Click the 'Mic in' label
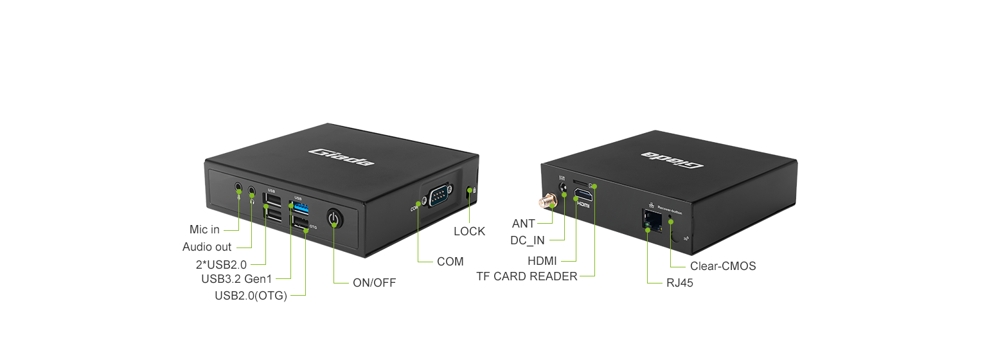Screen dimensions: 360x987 tap(204, 230)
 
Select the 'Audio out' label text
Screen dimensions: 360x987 tap(207, 247)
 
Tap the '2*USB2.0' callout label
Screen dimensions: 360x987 tap(221, 264)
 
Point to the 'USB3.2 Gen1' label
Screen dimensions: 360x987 tap(236, 279)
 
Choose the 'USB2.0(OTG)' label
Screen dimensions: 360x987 tap(251, 295)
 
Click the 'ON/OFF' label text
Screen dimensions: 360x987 tap(374, 282)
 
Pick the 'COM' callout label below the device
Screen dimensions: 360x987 tap(450, 262)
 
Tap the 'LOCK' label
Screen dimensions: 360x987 tap(469, 231)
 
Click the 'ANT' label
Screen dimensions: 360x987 tap(523, 224)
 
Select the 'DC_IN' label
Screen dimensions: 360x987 tap(527, 240)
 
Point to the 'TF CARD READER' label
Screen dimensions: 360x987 tap(526, 276)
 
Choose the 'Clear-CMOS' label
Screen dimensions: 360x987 tap(723, 265)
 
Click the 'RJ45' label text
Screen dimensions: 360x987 tap(680, 282)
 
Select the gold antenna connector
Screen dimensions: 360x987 tap(547, 202)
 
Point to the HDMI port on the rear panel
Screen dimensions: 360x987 tap(583, 194)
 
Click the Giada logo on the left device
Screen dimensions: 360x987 tap(342, 157)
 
